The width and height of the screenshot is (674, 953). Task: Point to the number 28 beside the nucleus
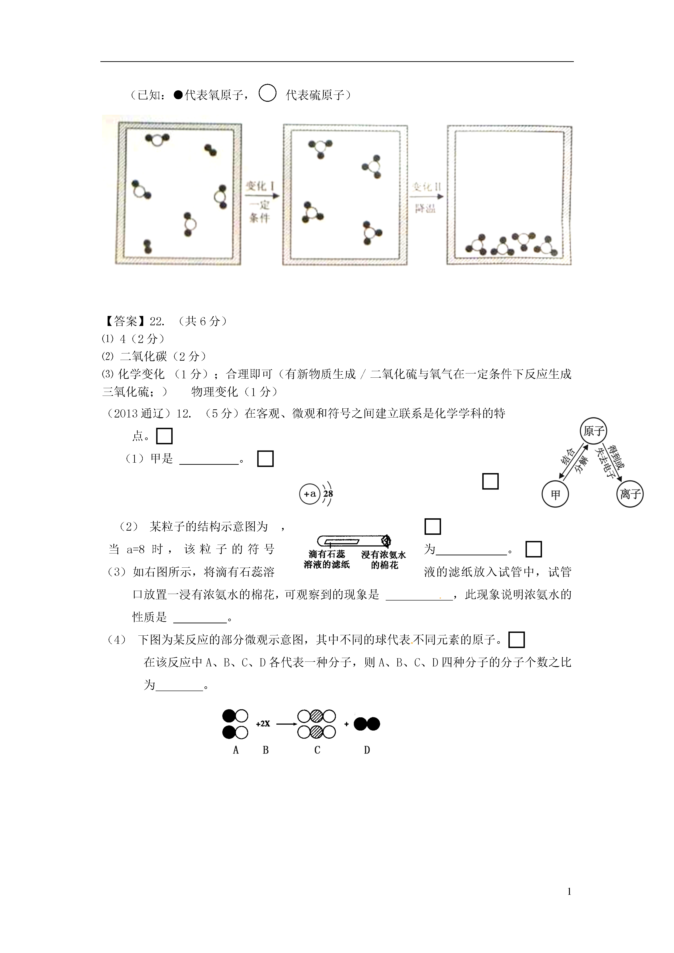[x=328, y=494]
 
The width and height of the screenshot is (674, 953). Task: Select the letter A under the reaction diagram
[x=236, y=750]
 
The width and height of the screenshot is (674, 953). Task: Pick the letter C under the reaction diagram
[x=317, y=750]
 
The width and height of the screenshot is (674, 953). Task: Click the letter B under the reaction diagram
[x=266, y=750]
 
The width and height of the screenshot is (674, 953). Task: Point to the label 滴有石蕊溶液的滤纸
[x=327, y=560]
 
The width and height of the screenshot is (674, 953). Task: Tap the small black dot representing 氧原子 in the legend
[x=178, y=95]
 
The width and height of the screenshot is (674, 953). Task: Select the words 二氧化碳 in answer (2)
[x=143, y=356]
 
